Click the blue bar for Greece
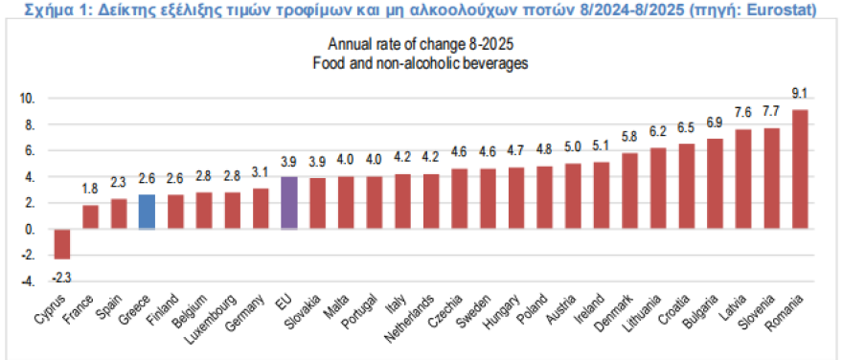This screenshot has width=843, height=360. point(147,212)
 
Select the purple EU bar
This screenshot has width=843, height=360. point(288,203)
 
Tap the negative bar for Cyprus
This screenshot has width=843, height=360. point(62,244)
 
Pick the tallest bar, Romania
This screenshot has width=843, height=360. point(800,169)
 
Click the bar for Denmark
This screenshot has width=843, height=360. point(629,191)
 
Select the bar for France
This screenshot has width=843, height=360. point(90,217)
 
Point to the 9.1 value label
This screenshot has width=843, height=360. point(800,93)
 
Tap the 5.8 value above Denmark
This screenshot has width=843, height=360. point(629,137)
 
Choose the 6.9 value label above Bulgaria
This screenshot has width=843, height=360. point(715,123)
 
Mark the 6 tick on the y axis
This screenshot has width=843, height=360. point(30,150)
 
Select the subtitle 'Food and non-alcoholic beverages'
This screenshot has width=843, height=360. point(421,62)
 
